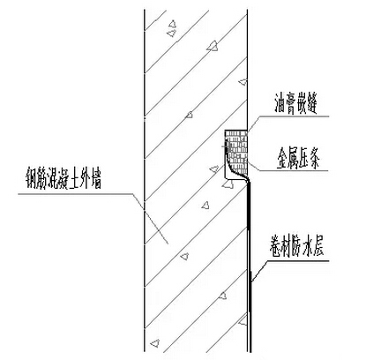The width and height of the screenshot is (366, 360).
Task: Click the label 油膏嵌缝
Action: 296,104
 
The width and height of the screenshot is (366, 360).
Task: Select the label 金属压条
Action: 298,159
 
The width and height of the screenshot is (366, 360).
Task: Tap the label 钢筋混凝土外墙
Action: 63,178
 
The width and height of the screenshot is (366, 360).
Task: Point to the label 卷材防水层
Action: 296,245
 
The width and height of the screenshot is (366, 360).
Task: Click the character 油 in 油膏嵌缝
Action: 280,104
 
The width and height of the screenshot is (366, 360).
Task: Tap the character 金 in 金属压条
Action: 281,159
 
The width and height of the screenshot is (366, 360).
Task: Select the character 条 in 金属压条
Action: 315,159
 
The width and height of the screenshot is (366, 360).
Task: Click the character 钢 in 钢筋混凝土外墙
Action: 31,178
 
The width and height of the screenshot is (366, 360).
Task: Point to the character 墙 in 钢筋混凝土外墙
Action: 96,178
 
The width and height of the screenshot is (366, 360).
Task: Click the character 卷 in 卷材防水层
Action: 275,245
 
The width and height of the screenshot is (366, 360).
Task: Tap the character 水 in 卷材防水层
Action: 307,245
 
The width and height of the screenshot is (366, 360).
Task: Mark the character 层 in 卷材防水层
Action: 317,245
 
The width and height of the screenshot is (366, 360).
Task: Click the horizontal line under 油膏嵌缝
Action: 294,116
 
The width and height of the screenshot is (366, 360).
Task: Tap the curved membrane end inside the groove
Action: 235,165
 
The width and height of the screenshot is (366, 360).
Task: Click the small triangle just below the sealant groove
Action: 228,184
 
